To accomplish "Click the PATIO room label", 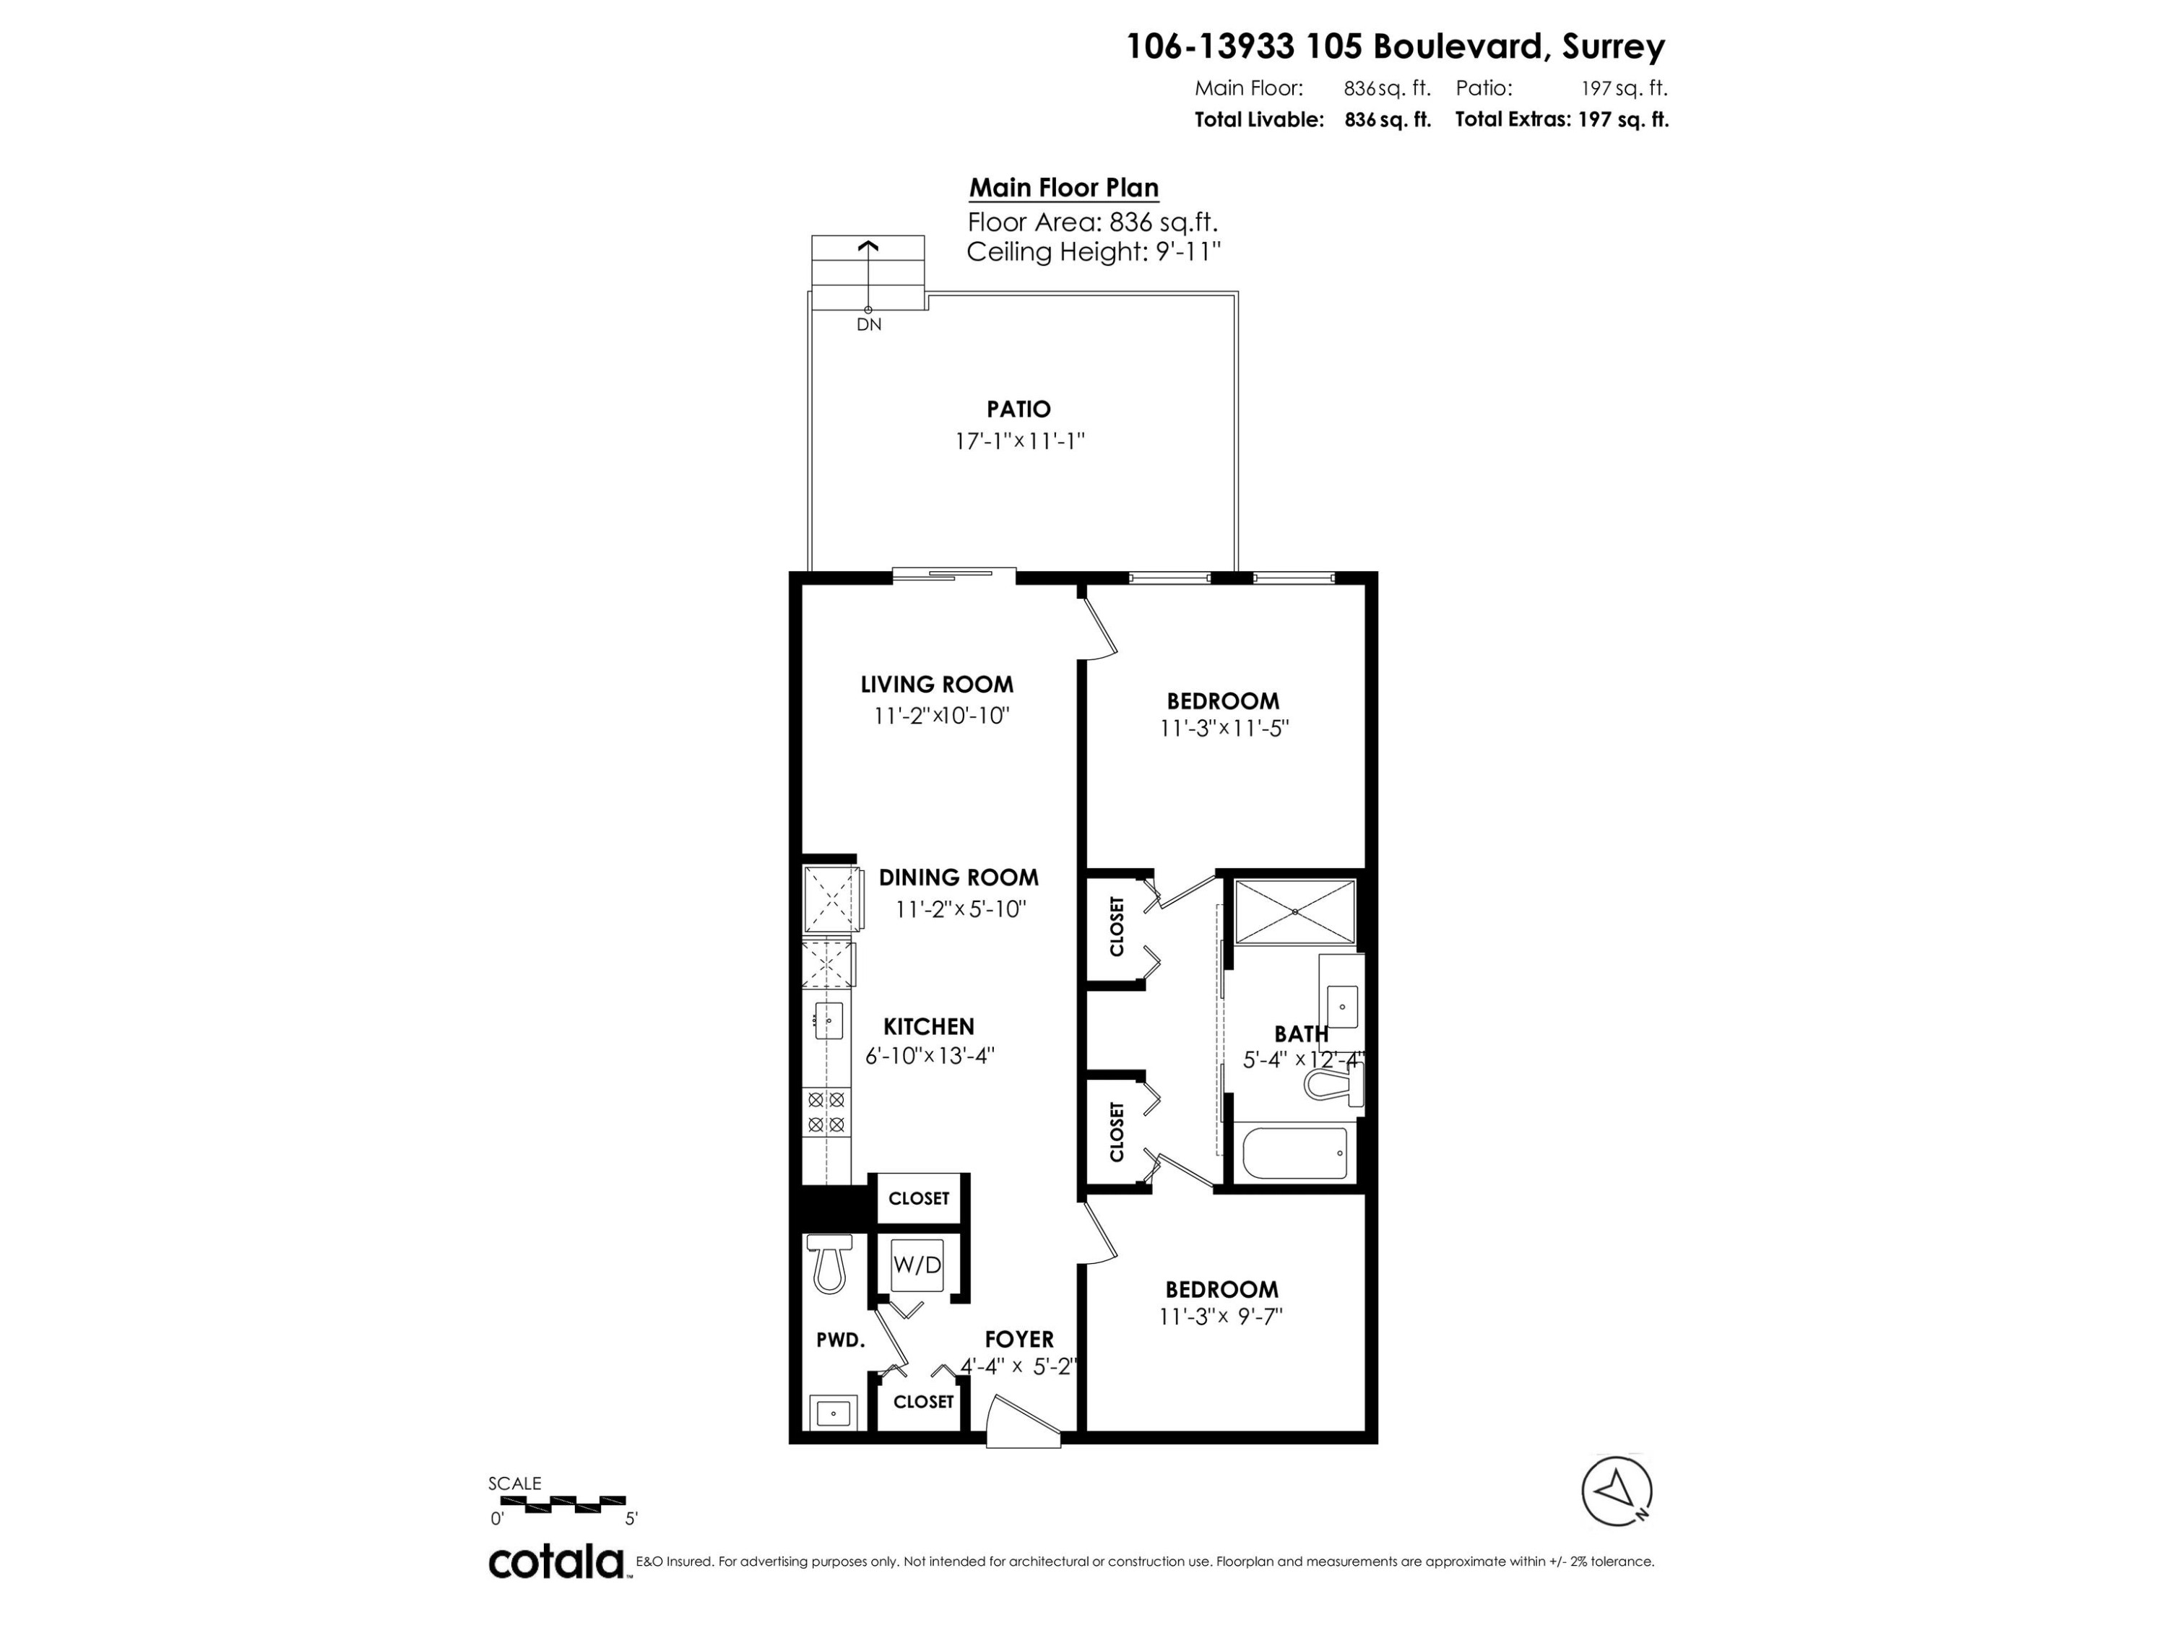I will click(x=1018, y=409).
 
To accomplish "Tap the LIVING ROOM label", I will click(x=937, y=685).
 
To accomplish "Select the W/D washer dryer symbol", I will click(x=917, y=1265).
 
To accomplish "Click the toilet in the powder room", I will click(x=829, y=1264).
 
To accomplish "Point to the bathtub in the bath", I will click(x=1294, y=1153).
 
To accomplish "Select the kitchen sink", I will click(x=829, y=1020).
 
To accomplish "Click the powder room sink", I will click(x=834, y=1413).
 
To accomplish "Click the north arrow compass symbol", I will click(x=1617, y=1492).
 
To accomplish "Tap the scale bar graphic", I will click(x=561, y=1502).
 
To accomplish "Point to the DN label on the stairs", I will click(x=869, y=324).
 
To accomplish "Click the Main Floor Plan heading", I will click(x=1064, y=188).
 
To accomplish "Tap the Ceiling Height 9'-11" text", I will click(x=1094, y=253).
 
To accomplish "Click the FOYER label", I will click(x=1018, y=1339).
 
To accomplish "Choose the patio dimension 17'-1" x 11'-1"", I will click(x=1020, y=441).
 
